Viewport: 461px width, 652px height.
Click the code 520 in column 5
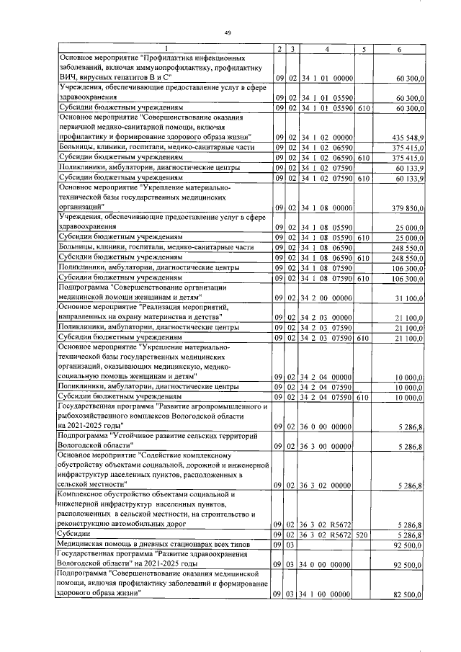(x=364, y=535)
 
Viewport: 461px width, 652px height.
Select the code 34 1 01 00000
(x=327, y=77)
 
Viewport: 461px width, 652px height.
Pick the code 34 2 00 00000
(x=327, y=298)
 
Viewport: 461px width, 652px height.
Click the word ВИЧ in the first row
(x=70, y=77)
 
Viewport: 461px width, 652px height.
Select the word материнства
(x=171, y=316)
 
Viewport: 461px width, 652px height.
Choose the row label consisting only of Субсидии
(x=74, y=535)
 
